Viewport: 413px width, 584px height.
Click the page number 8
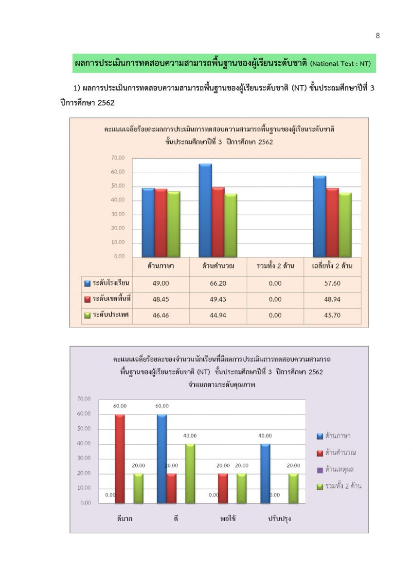click(377, 36)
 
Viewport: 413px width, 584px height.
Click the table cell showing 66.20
click(218, 283)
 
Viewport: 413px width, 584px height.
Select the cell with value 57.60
click(332, 283)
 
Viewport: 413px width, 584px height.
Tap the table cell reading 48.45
click(161, 299)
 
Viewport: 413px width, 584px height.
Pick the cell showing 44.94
click(218, 315)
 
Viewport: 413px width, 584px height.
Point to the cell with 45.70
click(332, 315)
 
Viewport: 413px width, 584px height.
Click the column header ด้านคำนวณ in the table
click(218, 266)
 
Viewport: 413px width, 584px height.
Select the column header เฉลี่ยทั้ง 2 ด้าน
click(332, 266)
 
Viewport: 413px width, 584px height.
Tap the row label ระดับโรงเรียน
click(107, 283)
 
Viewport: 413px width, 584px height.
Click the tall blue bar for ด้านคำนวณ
click(205, 210)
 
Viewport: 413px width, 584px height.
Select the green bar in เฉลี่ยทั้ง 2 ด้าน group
click(345, 225)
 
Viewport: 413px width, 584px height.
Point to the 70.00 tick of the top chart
click(118, 158)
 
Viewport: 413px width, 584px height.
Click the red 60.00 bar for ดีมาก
click(120, 459)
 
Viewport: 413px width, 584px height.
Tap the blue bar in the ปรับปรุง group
click(265, 474)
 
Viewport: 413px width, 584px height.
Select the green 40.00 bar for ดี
click(190, 474)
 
